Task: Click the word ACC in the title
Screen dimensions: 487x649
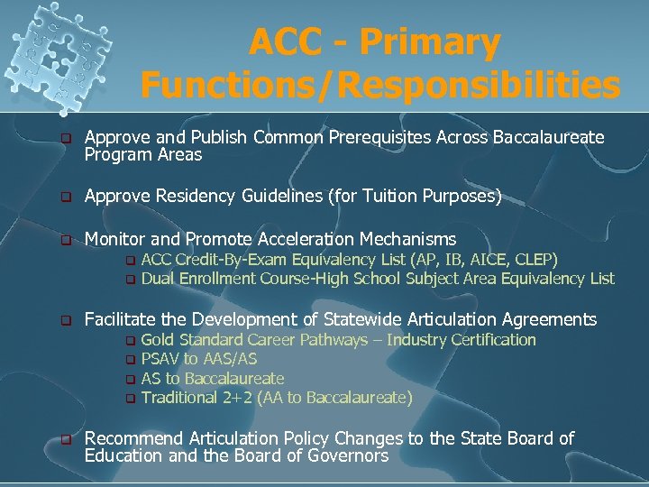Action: point(281,42)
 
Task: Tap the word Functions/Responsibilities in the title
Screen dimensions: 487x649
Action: point(380,86)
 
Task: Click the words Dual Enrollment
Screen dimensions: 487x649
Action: point(198,279)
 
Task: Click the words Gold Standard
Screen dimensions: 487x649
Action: point(192,340)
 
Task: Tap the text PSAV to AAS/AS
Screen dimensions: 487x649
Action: point(198,359)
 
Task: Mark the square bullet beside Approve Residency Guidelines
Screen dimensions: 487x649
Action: point(65,197)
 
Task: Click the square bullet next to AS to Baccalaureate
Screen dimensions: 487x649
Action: point(129,379)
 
